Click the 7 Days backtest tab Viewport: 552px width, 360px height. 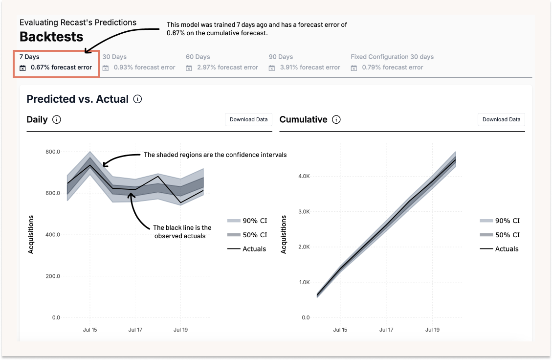pyautogui.click(x=56, y=63)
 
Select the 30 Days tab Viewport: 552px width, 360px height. pyautogui.click(x=138, y=62)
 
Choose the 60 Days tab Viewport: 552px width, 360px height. pyautogui.click(x=221, y=62)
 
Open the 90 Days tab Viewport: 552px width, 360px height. pyautogui.click(x=304, y=62)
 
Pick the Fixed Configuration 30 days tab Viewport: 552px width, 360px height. pyautogui.click(x=392, y=62)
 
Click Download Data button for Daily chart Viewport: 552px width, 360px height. pyautogui.click(x=248, y=119)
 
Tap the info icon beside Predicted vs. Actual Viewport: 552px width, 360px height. pyautogui.click(x=138, y=99)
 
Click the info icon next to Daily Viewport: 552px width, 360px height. pyautogui.click(x=57, y=119)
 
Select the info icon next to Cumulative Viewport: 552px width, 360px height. pyautogui.click(x=336, y=119)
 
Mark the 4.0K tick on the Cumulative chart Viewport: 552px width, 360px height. pyautogui.click(x=304, y=176)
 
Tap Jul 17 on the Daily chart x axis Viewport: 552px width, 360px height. pyautogui.click(x=135, y=330)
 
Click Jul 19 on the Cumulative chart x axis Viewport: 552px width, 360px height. pyautogui.click(x=432, y=330)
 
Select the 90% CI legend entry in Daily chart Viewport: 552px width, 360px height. pyautogui.click(x=247, y=221)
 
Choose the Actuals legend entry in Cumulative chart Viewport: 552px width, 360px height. pyautogui.click(x=500, y=249)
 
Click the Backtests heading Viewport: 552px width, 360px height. pyautogui.click(x=51, y=37)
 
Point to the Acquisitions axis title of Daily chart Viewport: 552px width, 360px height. pyautogui.click(x=31, y=234)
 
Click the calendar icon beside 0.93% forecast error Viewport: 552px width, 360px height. pyautogui.click(x=106, y=68)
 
